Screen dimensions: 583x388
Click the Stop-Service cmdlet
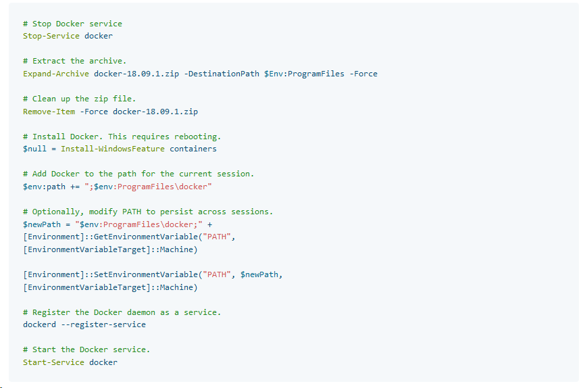point(51,36)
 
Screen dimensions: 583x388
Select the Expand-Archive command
point(56,74)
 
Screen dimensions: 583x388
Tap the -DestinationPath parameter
point(224,74)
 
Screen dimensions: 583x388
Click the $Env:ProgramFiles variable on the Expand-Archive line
point(304,74)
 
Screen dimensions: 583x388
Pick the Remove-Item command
point(49,112)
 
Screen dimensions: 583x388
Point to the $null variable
point(34,149)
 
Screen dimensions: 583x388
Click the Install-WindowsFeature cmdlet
point(113,149)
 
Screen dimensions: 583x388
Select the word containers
point(193,149)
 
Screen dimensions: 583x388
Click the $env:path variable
point(44,187)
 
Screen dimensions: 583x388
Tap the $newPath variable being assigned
point(42,224)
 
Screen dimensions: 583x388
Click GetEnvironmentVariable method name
point(146,237)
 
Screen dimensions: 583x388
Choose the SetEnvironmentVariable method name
point(146,274)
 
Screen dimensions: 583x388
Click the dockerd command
point(39,324)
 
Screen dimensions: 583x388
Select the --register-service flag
point(103,324)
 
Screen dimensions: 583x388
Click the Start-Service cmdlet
point(53,362)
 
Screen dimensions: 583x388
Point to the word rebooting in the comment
point(197,137)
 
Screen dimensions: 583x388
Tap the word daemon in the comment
point(141,312)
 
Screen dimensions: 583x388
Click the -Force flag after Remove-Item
point(94,112)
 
